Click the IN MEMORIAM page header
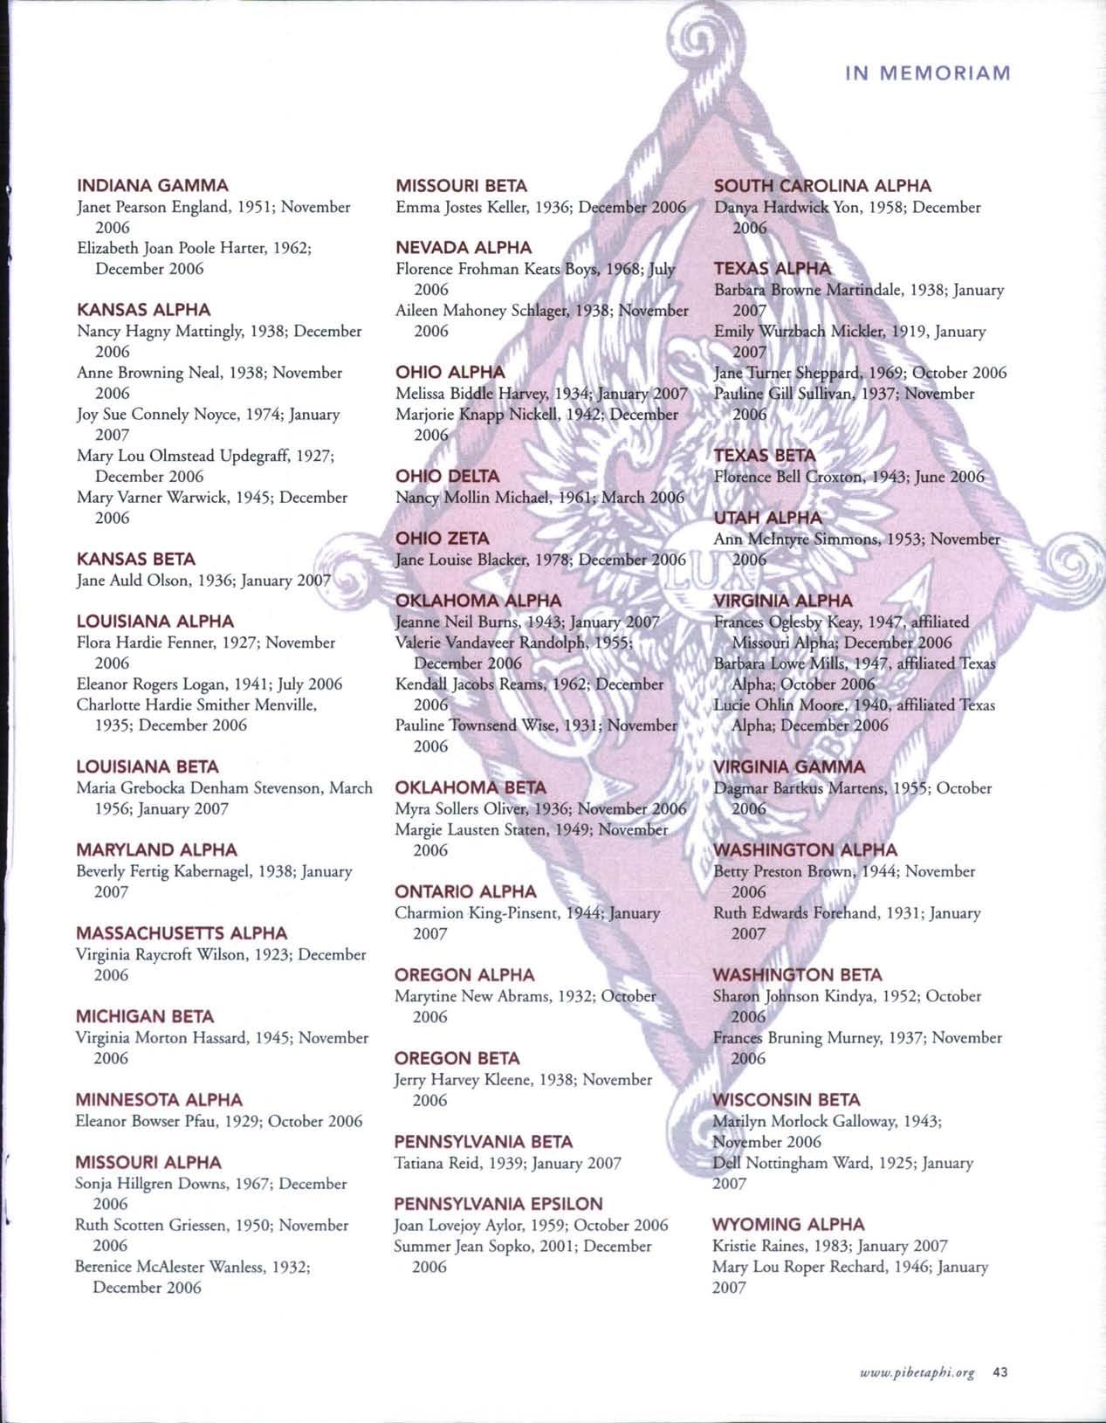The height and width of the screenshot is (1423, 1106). click(x=927, y=72)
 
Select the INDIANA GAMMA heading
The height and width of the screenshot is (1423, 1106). click(x=153, y=185)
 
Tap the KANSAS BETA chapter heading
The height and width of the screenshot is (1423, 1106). click(x=136, y=559)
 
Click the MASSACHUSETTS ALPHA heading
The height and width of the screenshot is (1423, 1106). click(x=182, y=933)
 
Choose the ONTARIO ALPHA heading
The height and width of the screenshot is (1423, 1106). click(x=465, y=891)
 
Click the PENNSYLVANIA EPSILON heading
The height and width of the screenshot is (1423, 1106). click(x=498, y=1204)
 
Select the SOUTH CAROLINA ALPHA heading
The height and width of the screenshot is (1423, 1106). click(x=822, y=185)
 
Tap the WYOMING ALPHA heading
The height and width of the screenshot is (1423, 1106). click(x=788, y=1224)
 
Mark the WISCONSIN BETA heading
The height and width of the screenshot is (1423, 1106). click(x=787, y=1099)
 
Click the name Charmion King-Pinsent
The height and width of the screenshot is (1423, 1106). click(x=476, y=913)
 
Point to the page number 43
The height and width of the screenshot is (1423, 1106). click(x=1000, y=1371)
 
